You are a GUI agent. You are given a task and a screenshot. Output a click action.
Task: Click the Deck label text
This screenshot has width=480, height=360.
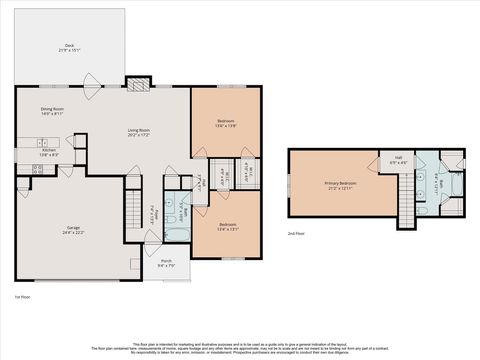(x=70, y=45)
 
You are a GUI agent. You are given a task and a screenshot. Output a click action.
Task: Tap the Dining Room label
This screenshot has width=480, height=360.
(x=52, y=109)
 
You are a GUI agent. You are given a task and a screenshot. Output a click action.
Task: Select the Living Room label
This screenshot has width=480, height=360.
(x=138, y=130)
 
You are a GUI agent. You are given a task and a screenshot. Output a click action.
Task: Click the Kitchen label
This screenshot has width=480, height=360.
(x=49, y=150)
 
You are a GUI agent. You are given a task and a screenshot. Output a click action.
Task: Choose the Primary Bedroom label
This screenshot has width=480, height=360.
(x=340, y=183)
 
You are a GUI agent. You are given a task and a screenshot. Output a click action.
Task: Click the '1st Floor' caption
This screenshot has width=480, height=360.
(x=23, y=298)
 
